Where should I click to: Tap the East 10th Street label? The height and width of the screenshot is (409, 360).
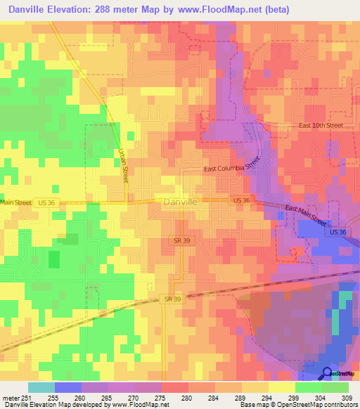(x=320, y=125)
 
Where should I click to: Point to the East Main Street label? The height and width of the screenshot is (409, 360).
(x=306, y=214)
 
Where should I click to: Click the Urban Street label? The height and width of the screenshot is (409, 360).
(x=122, y=166)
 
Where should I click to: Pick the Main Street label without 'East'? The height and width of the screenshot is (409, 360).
(x=15, y=202)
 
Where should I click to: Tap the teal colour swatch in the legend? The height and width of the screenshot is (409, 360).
(x=41, y=387)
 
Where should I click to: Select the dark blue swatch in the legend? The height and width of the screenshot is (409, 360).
(x=68, y=387)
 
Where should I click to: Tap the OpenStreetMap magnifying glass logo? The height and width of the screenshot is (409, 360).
(x=328, y=373)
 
